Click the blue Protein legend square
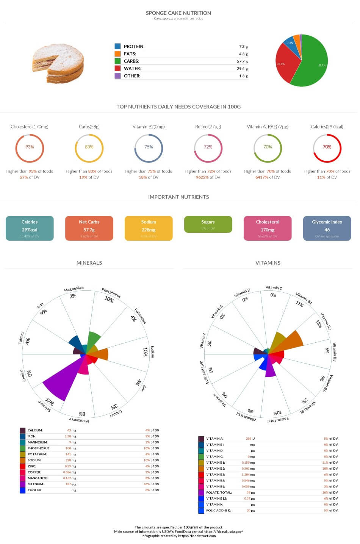click(x=117, y=46)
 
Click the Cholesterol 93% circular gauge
click(x=30, y=147)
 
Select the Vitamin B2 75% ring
click(x=149, y=147)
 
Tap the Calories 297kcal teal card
click(x=30, y=228)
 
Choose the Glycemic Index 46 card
click(x=327, y=228)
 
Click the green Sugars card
click(x=208, y=224)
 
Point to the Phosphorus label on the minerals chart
click(x=111, y=292)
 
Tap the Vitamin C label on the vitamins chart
click(x=274, y=288)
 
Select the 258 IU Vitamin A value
click(x=249, y=439)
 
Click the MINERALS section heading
click(x=89, y=263)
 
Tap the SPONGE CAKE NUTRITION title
click(x=178, y=13)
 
